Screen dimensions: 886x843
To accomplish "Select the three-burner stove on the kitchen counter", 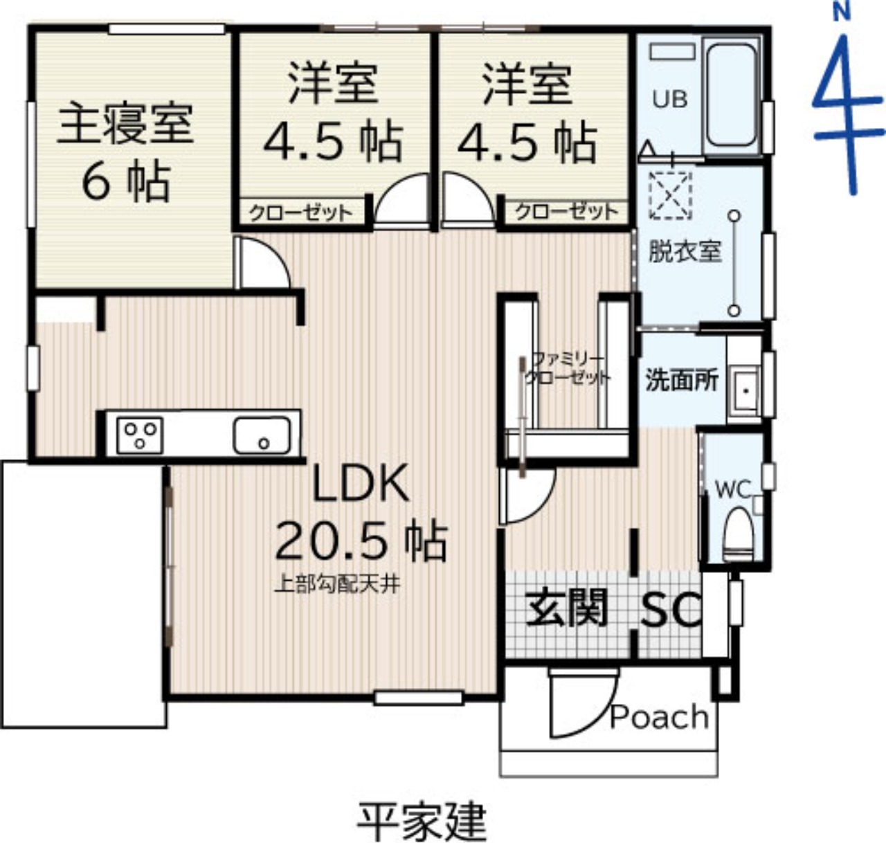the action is click(x=139, y=436).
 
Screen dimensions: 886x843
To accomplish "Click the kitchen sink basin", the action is click(x=262, y=435).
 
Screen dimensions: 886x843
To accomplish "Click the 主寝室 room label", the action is click(x=126, y=123).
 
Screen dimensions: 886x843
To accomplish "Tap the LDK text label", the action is click(x=361, y=483).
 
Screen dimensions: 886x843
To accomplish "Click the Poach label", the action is click(x=659, y=717).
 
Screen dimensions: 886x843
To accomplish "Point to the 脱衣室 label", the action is click(x=685, y=251).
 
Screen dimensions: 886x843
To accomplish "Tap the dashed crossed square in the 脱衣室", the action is click(x=670, y=196).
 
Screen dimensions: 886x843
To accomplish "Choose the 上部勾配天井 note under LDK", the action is click(x=338, y=585).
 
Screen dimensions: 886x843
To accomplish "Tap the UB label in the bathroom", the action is click(x=670, y=100).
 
